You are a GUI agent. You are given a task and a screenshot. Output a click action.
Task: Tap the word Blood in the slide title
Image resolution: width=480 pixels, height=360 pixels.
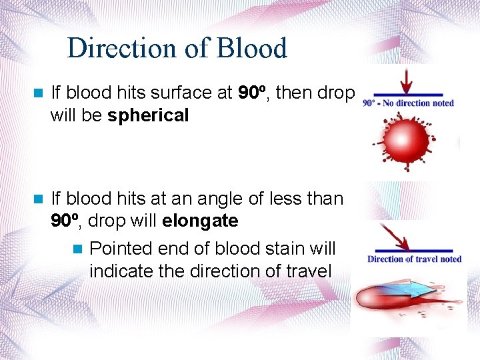(253, 49)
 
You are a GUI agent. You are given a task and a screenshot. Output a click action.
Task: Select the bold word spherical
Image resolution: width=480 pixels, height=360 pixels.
(148, 115)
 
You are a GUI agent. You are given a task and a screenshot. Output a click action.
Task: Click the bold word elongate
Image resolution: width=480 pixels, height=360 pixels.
(199, 220)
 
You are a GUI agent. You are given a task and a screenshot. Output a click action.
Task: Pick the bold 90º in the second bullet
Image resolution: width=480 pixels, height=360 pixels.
(66, 220)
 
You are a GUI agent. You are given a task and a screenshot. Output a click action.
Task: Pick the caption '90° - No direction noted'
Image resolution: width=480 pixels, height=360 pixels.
(408, 103)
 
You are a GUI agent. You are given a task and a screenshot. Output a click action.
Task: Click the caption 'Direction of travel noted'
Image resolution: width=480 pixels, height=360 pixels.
(414, 259)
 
